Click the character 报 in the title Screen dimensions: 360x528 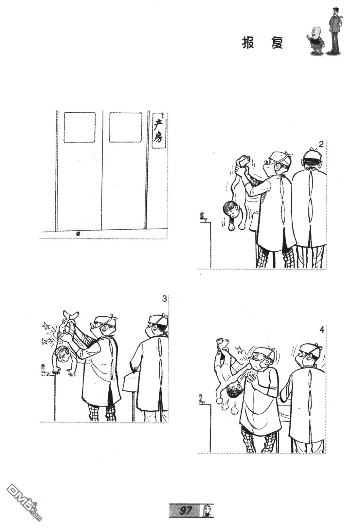click(248, 43)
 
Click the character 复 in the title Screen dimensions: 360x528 click(277, 43)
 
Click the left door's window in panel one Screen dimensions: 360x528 click(80, 127)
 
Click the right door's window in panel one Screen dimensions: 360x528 click(125, 127)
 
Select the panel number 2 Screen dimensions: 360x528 click(321, 144)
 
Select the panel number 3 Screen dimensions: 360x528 click(164, 299)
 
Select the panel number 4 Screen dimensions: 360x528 click(322, 330)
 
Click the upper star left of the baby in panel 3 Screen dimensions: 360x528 click(45, 327)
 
